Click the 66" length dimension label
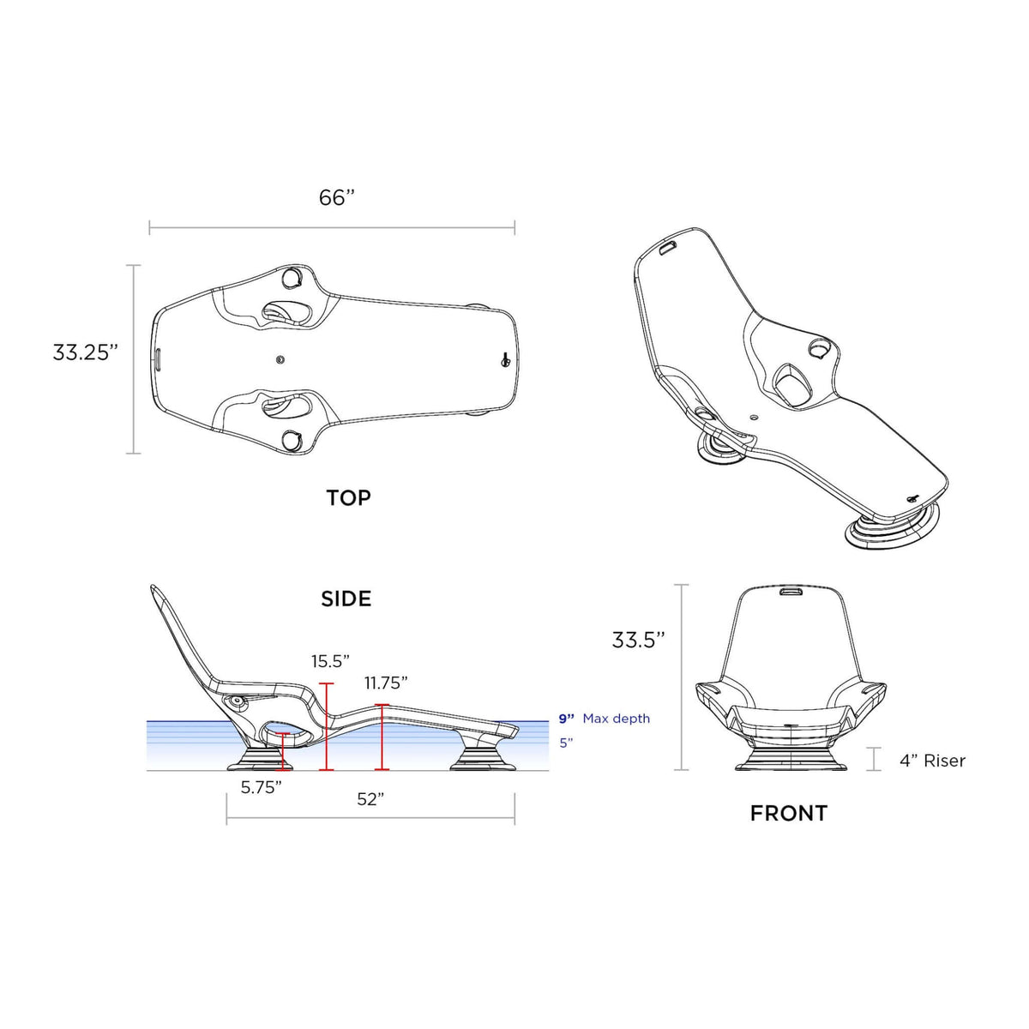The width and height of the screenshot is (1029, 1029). [x=337, y=197]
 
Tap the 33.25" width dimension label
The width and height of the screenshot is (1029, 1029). [x=84, y=352]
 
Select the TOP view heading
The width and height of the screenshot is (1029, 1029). [x=348, y=497]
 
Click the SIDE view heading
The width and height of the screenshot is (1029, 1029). [x=346, y=599]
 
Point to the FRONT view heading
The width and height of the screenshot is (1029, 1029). [x=789, y=813]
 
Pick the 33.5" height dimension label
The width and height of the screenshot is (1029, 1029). [x=638, y=640]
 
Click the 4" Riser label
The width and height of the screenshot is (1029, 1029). [x=932, y=761]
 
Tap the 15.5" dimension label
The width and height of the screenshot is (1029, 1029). [x=330, y=661]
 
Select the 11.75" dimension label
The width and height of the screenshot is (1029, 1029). [x=386, y=683]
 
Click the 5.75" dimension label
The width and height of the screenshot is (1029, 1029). [x=262, y=787]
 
